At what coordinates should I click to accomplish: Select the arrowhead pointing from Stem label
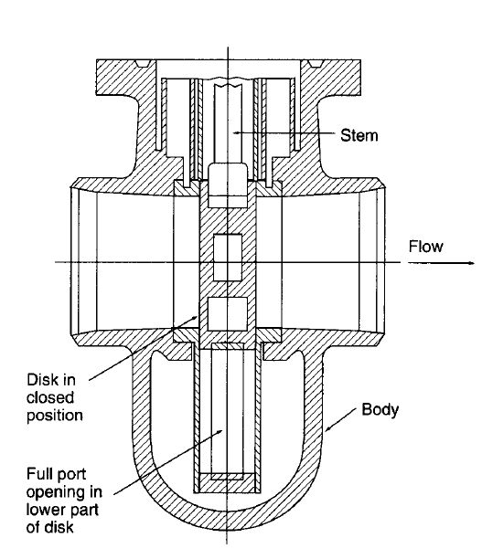[x=236, y=132]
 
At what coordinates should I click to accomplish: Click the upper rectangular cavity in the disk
[x=228, y=258]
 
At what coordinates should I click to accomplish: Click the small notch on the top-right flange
[x=316, y=64]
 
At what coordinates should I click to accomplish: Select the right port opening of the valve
[x=370, y=263]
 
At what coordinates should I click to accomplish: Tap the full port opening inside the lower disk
[x=228, y=411]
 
